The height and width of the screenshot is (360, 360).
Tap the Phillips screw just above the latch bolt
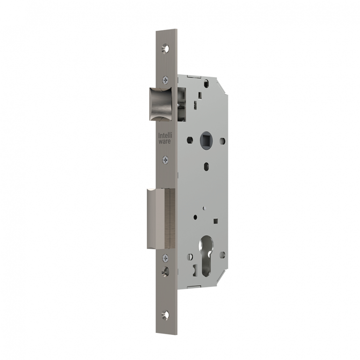coord(165,79)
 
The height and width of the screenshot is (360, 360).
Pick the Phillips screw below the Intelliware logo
coord(165,160)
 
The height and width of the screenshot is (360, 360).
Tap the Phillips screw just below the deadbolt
coord(165,258)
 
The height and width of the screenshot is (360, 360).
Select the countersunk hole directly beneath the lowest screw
coord(165,272)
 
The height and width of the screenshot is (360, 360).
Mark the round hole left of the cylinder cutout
coord(191,256)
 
